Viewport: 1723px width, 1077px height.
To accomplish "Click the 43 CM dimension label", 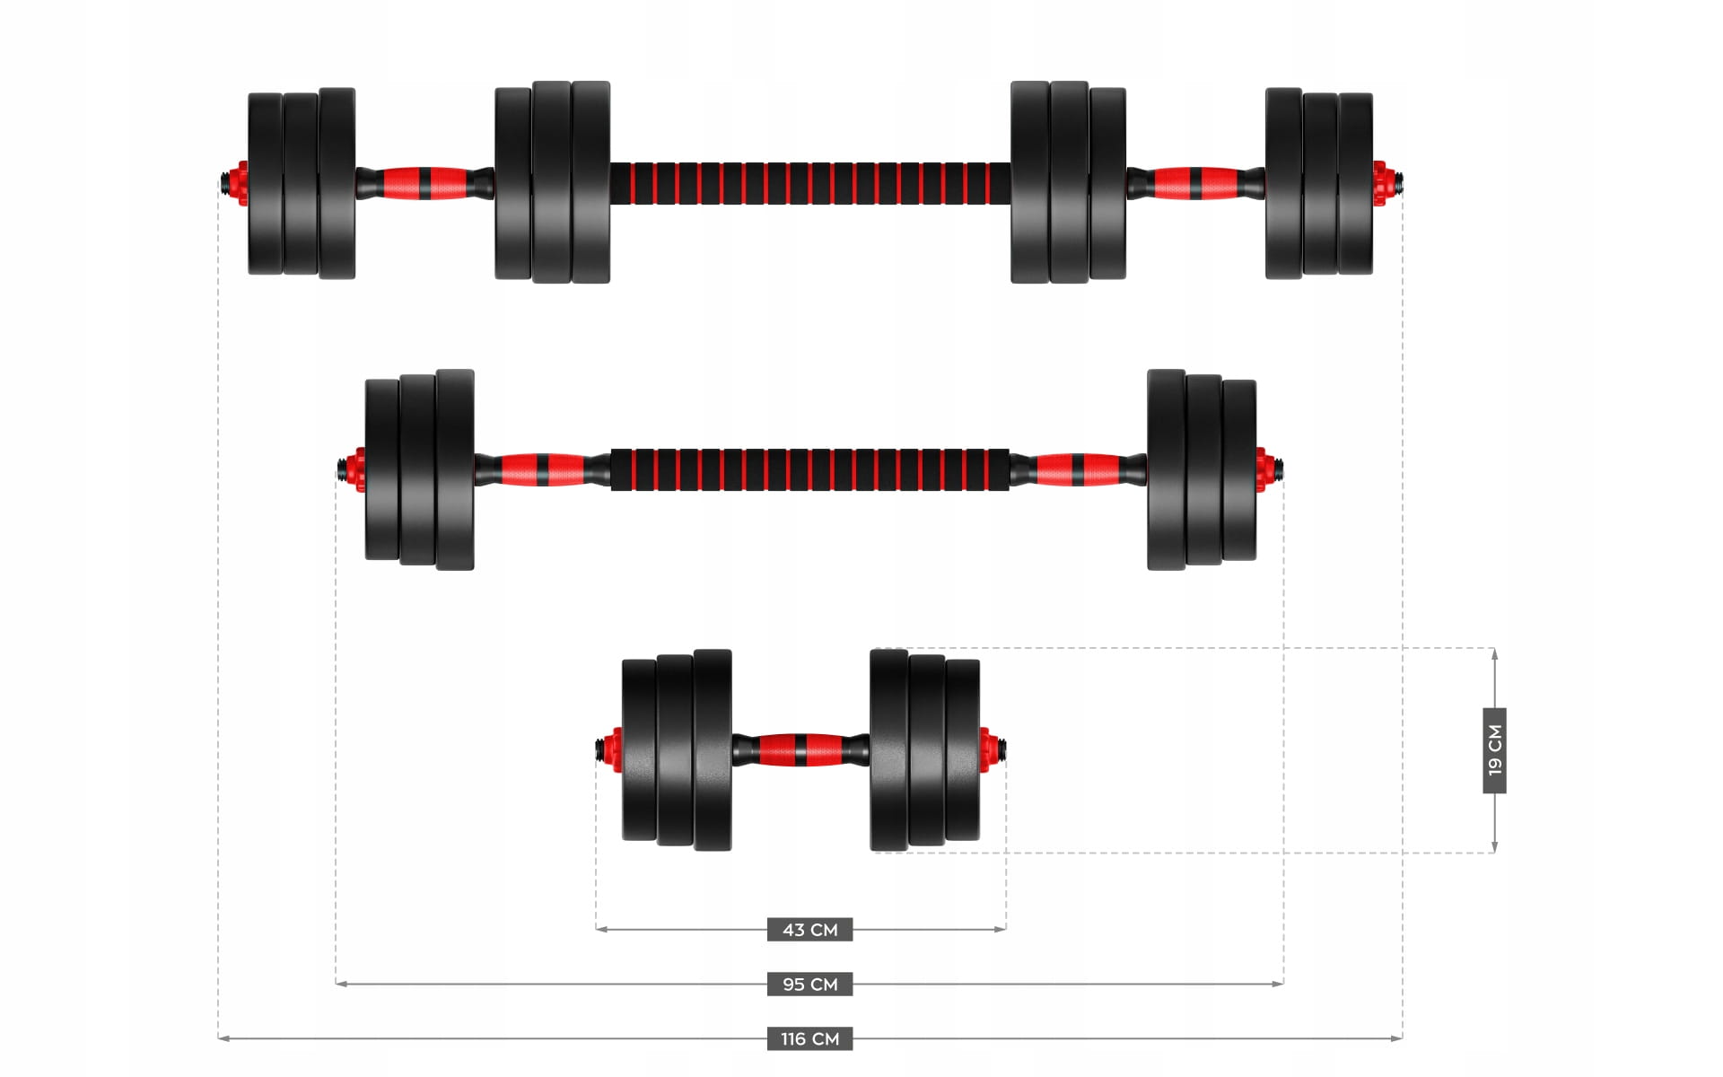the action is (809, 929).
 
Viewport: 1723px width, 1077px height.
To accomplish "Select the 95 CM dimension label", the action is (809, 984).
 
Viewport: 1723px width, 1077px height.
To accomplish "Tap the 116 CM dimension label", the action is (809, 1038).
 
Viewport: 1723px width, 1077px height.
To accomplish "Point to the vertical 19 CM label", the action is (1494, 750).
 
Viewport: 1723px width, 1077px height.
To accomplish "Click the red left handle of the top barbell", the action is (425, 182).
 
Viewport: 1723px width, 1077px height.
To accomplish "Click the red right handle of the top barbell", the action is (1196, 182).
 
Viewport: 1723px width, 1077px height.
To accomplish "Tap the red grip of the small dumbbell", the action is (800, 749).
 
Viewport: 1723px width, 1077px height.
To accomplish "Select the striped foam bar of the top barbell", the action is (810, 183).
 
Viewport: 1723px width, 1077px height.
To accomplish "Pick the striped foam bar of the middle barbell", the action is (810, 469).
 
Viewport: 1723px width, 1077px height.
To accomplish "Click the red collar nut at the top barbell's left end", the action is (240, 183).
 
